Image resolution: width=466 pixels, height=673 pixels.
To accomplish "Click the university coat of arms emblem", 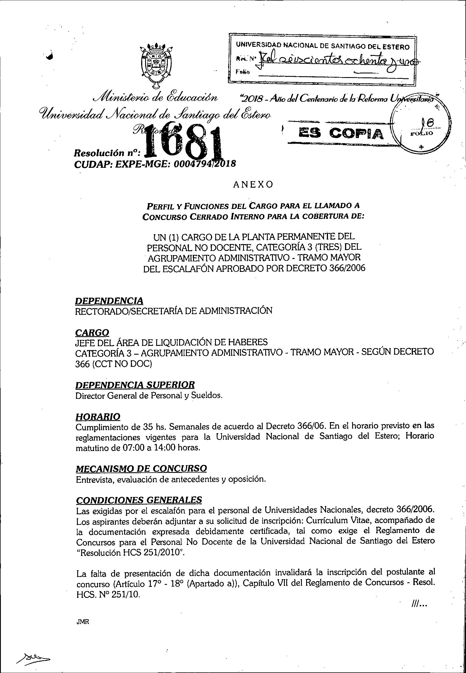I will [156, 65].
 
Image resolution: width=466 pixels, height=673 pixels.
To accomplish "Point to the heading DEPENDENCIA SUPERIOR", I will [135, 385].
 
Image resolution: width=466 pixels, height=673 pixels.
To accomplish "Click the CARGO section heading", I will [92, 333].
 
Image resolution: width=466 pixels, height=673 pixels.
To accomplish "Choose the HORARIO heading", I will [98, 416].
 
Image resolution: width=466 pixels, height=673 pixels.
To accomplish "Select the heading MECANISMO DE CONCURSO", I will [141, 468].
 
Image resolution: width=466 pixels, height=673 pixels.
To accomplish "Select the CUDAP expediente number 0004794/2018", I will [204, 164].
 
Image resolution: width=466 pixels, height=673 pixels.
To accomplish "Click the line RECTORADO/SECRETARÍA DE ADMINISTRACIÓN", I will [174, 311].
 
